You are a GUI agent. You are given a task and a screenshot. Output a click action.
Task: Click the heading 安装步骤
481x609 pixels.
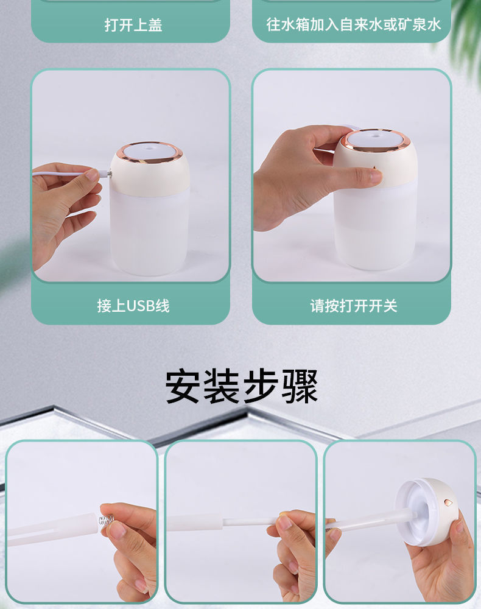(242, 386)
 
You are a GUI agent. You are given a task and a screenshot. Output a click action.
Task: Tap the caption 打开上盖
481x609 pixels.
(133, 25)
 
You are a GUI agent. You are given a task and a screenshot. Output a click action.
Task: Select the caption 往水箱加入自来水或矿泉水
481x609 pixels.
(353, 24)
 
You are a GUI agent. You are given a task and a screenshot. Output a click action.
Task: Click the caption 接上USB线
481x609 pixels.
(133, 306)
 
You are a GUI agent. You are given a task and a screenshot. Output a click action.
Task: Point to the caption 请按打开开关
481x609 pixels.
(353, 306)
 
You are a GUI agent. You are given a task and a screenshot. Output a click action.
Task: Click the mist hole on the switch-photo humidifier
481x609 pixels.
(376, 136)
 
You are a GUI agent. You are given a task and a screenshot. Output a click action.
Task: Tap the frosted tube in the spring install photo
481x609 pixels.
(52, 529)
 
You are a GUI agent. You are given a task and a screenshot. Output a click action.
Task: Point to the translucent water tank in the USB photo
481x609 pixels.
(149, 231)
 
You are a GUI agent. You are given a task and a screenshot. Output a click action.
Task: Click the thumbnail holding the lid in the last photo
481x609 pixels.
(460, 525)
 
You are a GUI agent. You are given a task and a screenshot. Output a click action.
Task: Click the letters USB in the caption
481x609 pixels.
(141, 306)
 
